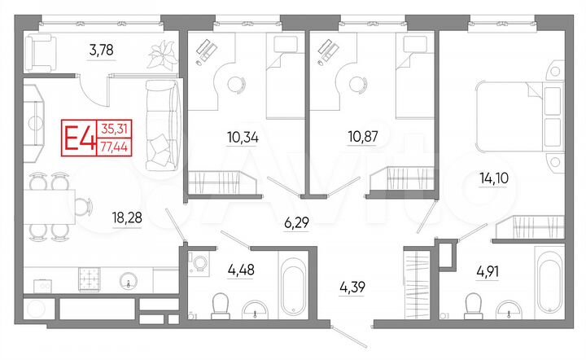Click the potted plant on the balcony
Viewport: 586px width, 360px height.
(159, 55)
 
